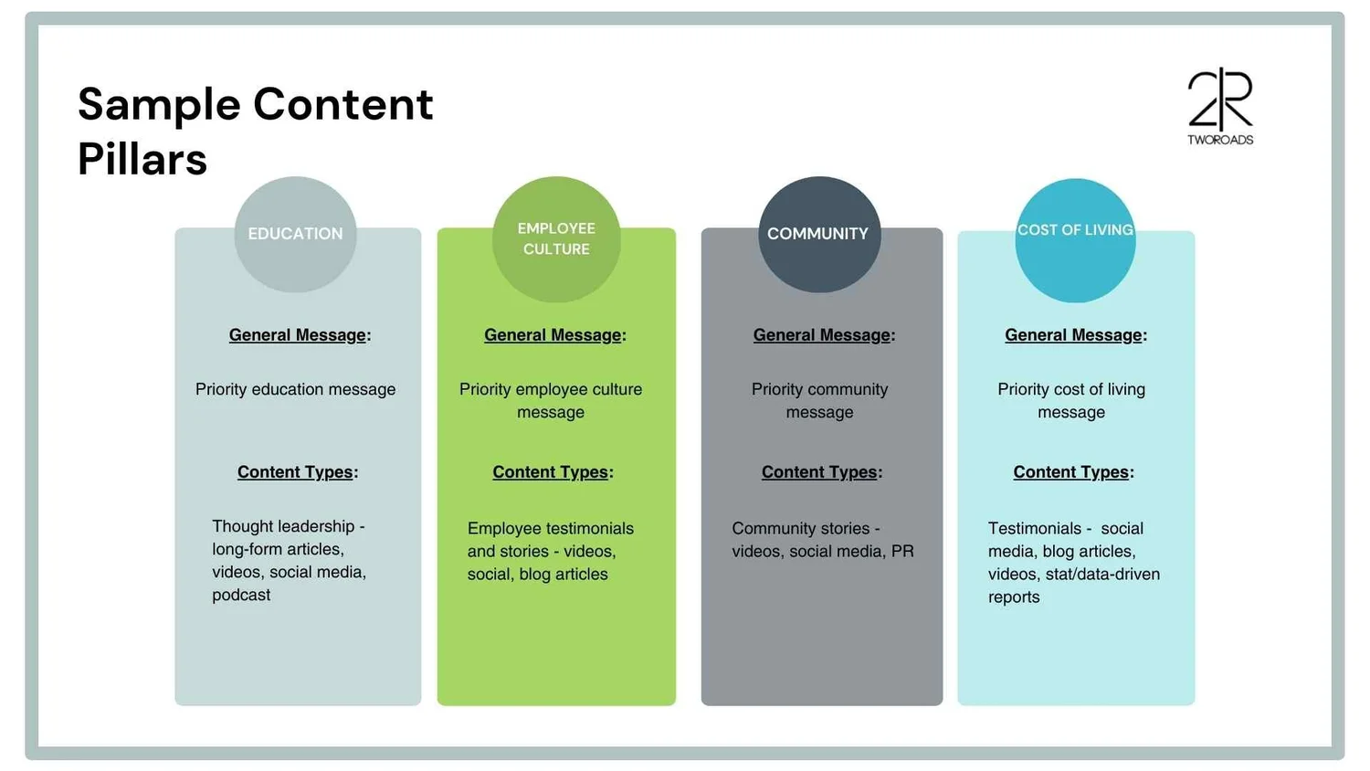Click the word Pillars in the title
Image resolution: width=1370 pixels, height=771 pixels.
(x=142, y=160)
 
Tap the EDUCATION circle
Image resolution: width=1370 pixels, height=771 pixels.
(x=295, y=234)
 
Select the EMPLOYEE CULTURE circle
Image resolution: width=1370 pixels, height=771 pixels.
(x=556, y=238)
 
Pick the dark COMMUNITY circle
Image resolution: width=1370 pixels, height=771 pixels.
(x=818, y=234)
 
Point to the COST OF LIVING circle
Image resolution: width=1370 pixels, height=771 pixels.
(x=1075, y=239)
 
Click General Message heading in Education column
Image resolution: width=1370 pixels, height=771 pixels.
(x=299, y=335)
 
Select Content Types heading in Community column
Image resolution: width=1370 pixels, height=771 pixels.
(x=821, y=472)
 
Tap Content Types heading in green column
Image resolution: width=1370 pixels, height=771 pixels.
(x=552, y=472)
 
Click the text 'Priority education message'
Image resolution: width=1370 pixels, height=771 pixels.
(x=295, y=389)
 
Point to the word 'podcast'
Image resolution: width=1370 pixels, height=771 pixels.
(x=241, y=595)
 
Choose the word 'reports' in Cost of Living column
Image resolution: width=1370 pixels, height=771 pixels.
(x=1014, y=597)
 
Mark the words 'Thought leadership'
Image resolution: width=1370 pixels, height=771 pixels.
(x=283, y=526)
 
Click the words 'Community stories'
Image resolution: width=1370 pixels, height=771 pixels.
(x=800, y=529)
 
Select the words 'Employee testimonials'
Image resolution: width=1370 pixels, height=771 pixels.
(x=550, y=529)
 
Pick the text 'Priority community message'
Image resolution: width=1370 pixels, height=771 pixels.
(x=819, y=400)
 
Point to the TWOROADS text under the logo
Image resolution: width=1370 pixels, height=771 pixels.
(x=1220, y=140)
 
